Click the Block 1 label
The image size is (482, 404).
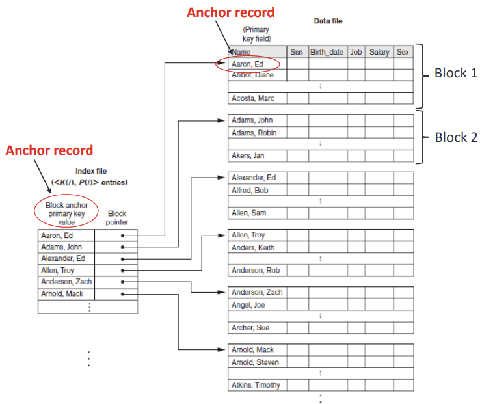point(456,74)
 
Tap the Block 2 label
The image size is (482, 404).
point(456,137)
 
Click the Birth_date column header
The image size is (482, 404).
point(327,52)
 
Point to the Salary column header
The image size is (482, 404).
point(379,52)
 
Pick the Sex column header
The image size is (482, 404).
point(403,52)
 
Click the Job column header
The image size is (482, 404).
point(356,52)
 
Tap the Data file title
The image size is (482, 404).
point(328,21)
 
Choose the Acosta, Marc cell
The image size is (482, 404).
point(253,98)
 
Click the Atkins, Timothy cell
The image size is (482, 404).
point(256,385)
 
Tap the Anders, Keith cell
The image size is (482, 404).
point(253,247)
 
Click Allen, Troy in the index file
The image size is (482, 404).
point(59,270)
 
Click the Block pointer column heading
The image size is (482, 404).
point(117,218)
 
